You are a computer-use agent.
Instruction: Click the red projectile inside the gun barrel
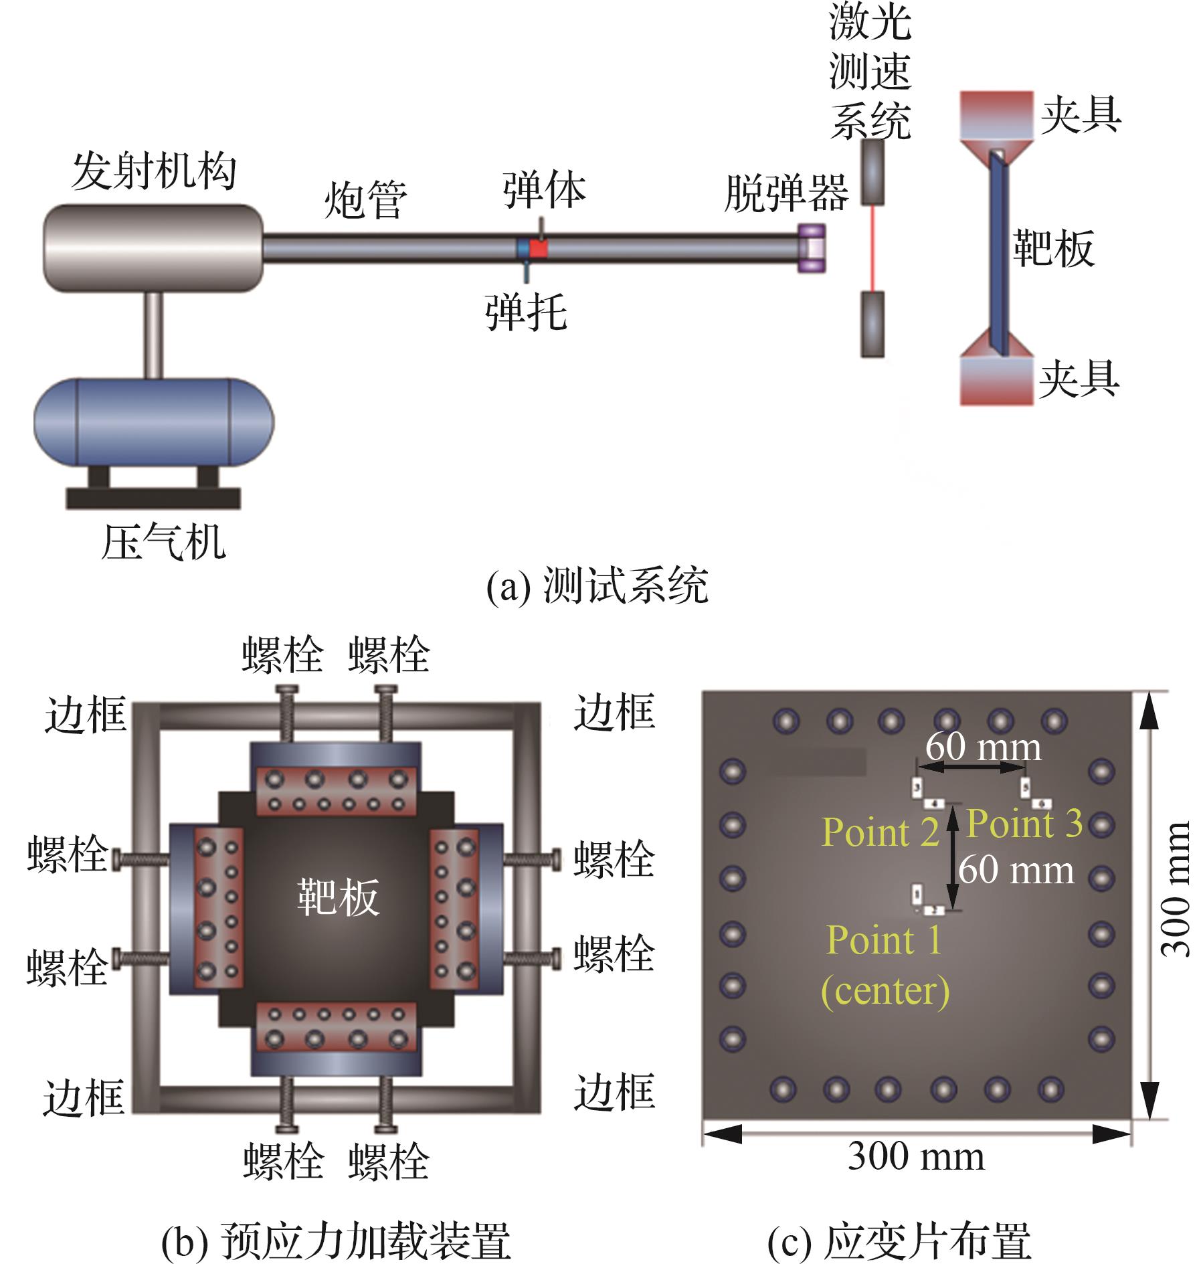click(x=539, y=249)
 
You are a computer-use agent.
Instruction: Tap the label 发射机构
click(x=154, y=171)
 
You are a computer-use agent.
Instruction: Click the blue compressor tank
click(x=154, y=422)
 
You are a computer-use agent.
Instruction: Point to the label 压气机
click(x=163, y=541)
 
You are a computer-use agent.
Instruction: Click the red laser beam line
click(x=872, y=248)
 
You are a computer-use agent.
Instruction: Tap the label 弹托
click(x=526, y=312)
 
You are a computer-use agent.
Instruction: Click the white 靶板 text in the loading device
click(x=339, y=897)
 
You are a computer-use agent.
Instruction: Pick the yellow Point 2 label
click(x=881, y=832)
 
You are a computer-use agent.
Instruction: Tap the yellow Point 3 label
click(x=1024, y=823)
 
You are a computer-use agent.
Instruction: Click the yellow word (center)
click(x=885, y=992)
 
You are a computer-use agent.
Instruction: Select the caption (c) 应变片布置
click(x=899, y=1242)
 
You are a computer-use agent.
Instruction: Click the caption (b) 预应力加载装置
click(x=336, y=1242)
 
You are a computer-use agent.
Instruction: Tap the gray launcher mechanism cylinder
click(x=153, y=248)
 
